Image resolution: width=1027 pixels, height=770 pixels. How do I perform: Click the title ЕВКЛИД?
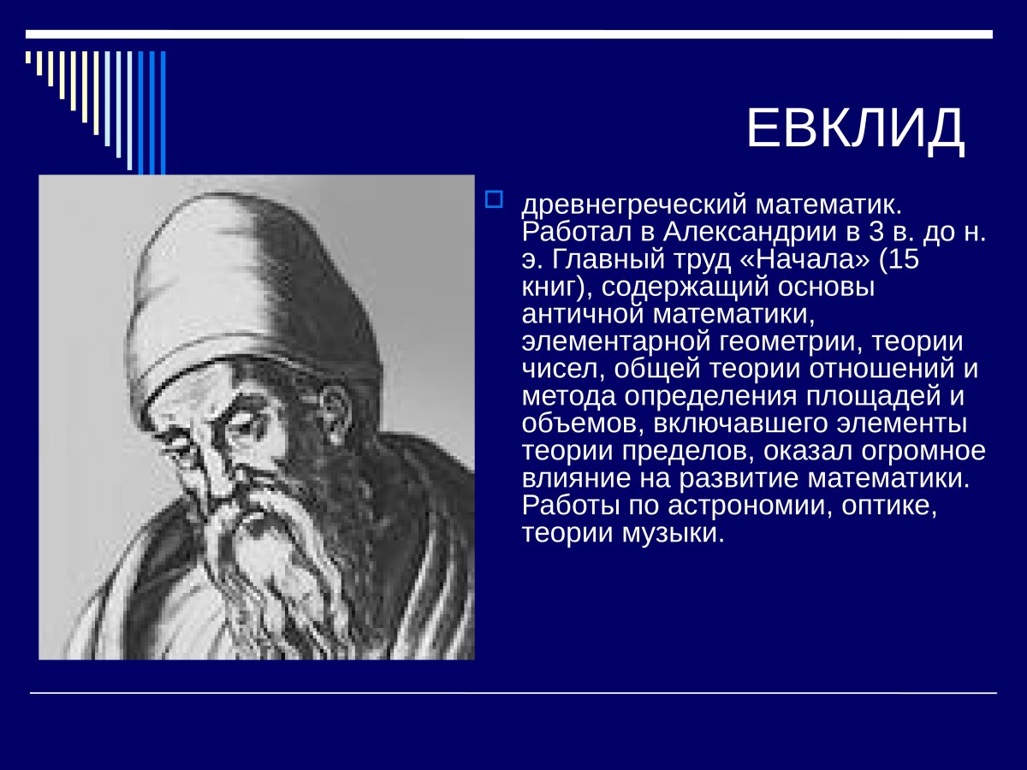tap(855, 128)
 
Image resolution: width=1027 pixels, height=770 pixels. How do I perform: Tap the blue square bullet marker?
tap(494, 199)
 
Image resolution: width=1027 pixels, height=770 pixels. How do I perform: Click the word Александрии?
tap(750, 232)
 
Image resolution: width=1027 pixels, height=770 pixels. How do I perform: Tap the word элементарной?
tap(616, 342)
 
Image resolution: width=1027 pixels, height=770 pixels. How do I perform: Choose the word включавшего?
tap(740, 424)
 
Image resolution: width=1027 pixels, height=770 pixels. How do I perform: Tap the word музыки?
tap(673, 533)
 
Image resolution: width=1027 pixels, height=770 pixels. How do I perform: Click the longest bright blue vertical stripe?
tap(163, 113)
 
